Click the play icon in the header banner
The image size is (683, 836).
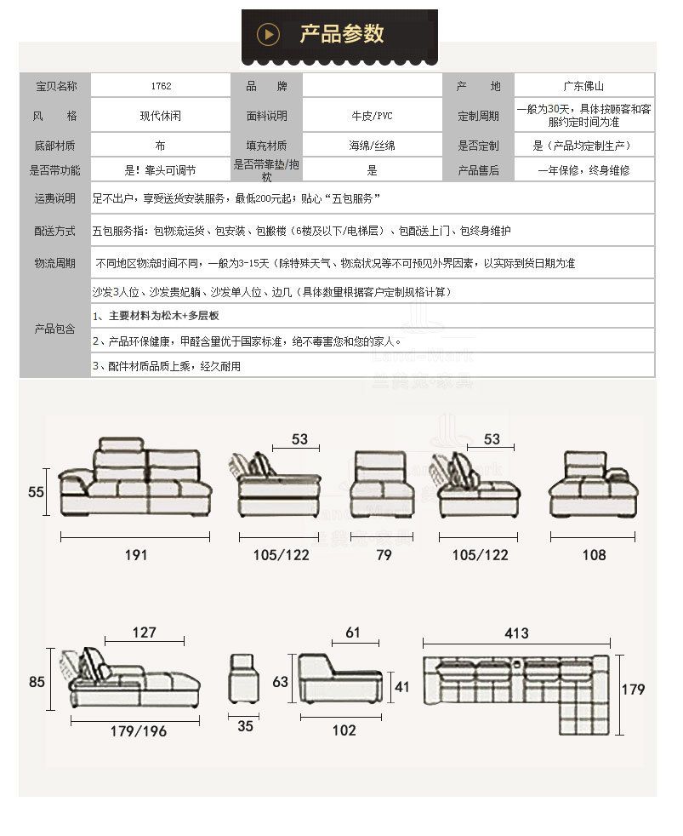coord(269,34)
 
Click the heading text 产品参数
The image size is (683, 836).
coord(342,34)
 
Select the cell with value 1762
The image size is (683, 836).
coord(161,87)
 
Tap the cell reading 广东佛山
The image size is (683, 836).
coord(583,87)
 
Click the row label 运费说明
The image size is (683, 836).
coord(55,198)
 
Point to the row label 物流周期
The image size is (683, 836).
coord(55,264)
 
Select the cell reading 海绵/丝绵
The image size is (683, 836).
coord(372,146)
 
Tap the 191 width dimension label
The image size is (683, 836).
coord(136,555)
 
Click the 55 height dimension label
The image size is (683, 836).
coord(36,492)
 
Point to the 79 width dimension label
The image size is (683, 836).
coord(384,555)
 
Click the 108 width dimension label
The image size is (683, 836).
coord(594,555)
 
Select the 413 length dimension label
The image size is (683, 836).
coord(516,633)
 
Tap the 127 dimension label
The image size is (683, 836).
coord(145,633)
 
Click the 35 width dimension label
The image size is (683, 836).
coord(245,726)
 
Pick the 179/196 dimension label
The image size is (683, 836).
coord(138,731)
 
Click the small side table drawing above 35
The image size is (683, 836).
coord(245,678)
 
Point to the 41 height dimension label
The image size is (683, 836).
coord(403,686)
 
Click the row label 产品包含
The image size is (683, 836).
coord(55,328)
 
